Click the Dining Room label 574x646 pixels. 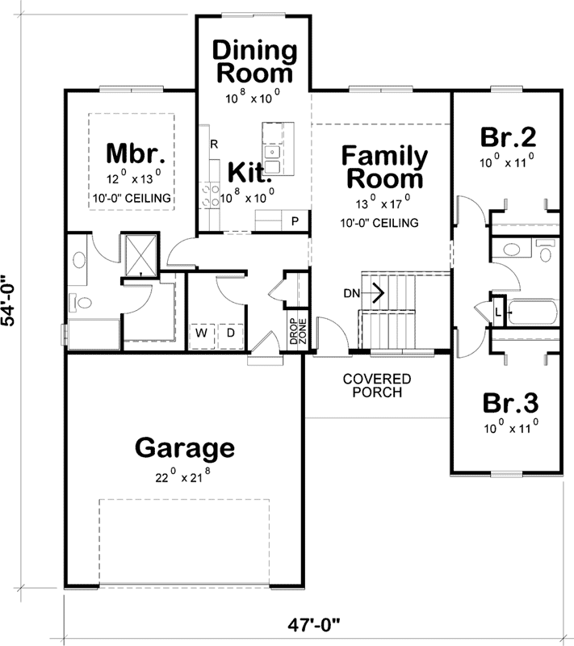253,61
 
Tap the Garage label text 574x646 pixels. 185,447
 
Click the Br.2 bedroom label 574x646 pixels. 508,135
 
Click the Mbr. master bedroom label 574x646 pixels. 136,152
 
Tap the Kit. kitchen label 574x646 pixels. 247,171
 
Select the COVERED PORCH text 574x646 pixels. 376,385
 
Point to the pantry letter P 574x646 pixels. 295,220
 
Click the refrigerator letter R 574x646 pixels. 214,145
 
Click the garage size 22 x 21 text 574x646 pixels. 185,476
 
